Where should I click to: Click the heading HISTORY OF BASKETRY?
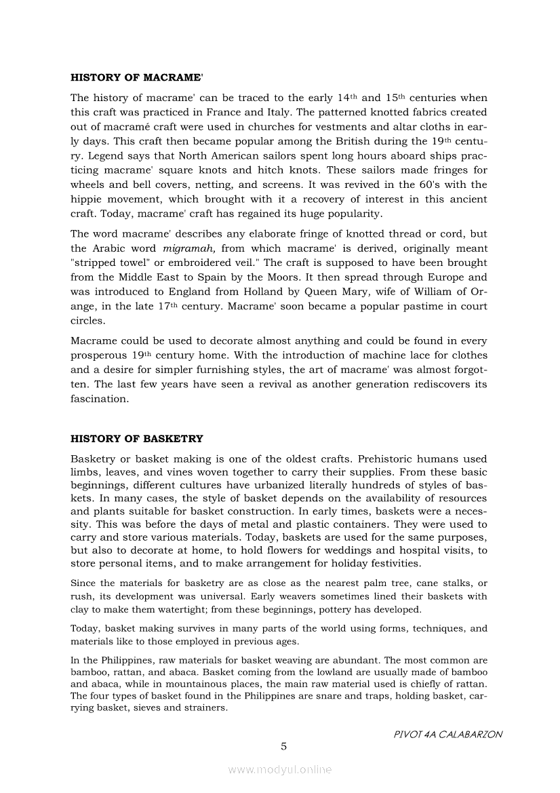point(137,439)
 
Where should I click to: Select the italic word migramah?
point(189,248)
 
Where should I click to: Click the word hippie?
point(85,199)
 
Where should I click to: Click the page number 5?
point(284,746)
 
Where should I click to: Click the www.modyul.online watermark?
point(280,769)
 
